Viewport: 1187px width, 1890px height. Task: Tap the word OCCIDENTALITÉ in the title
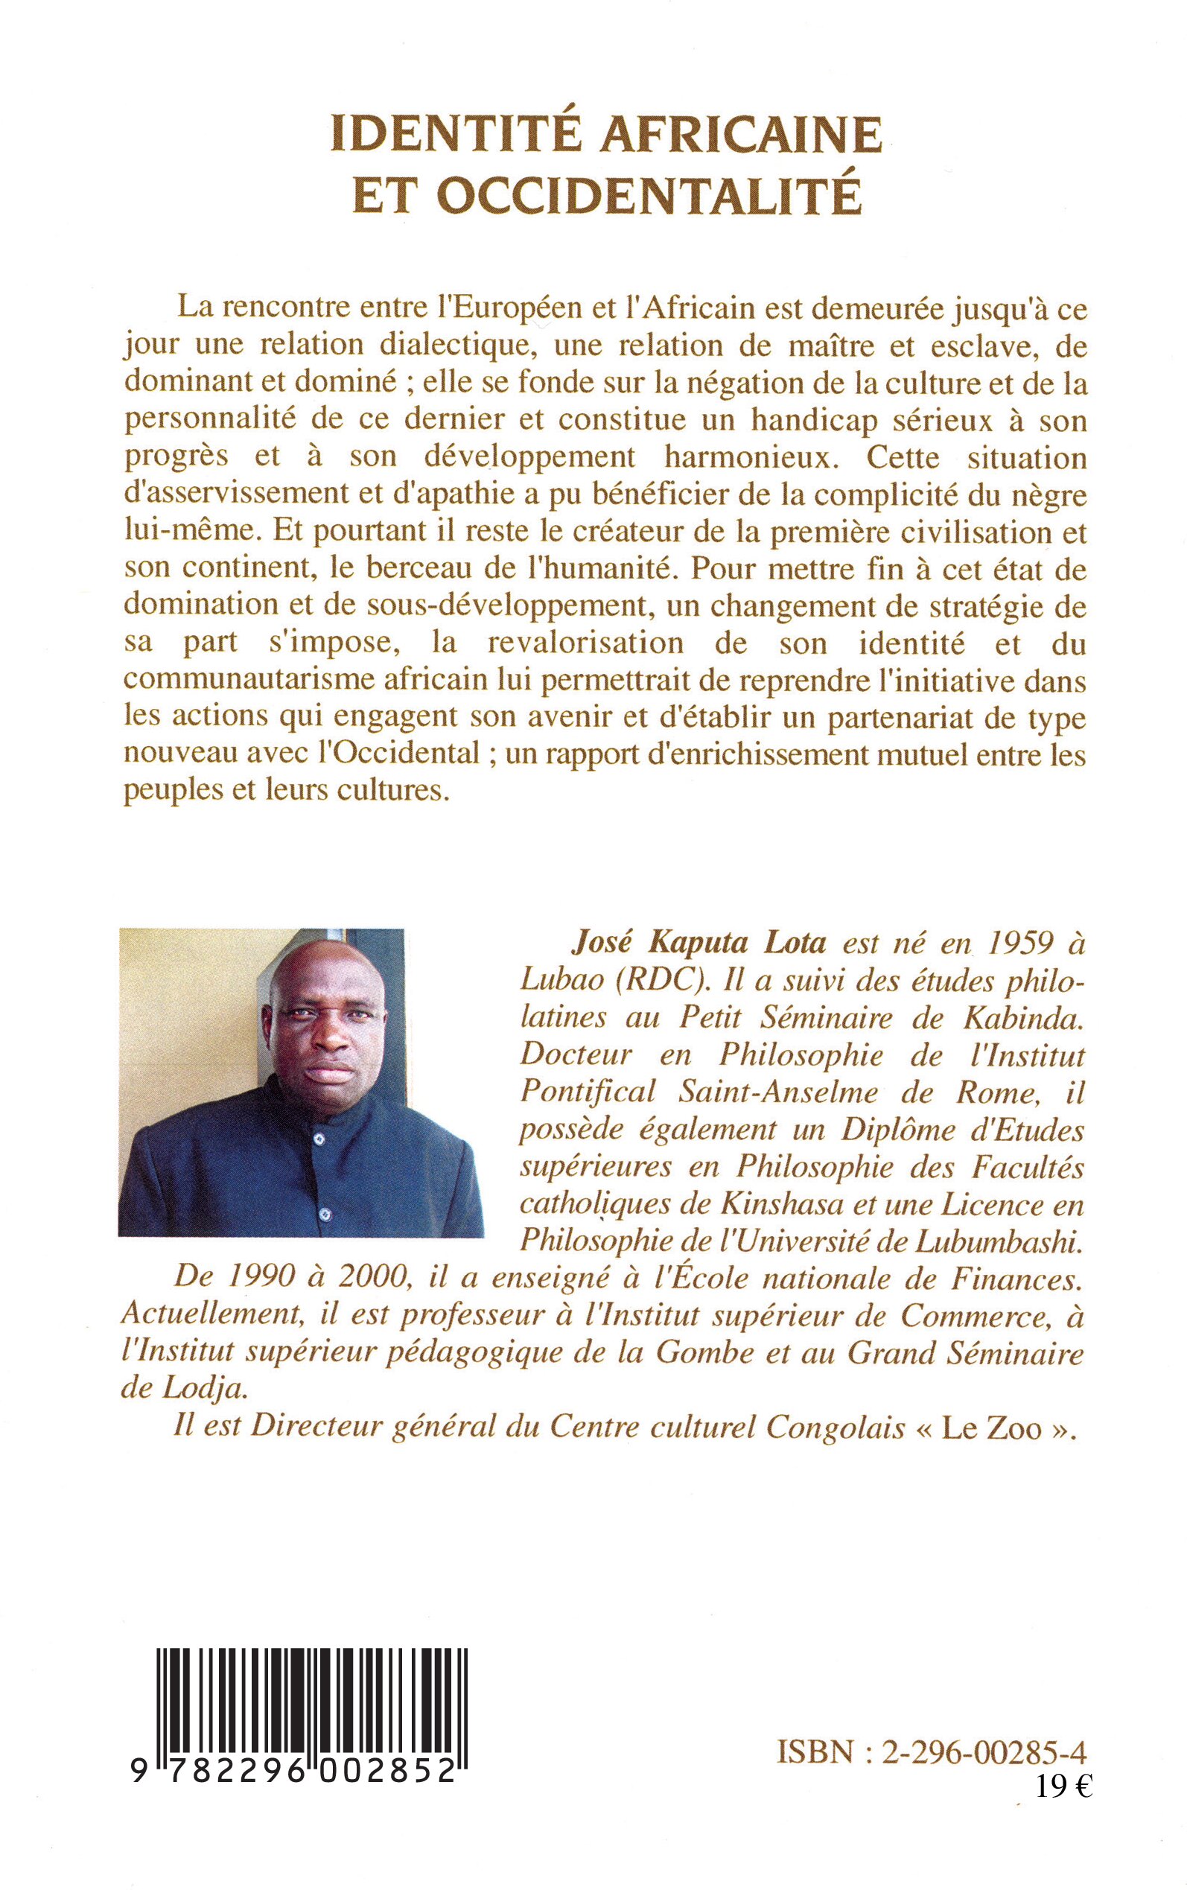point(650,195)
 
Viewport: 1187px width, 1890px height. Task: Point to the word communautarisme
point(249,680)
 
